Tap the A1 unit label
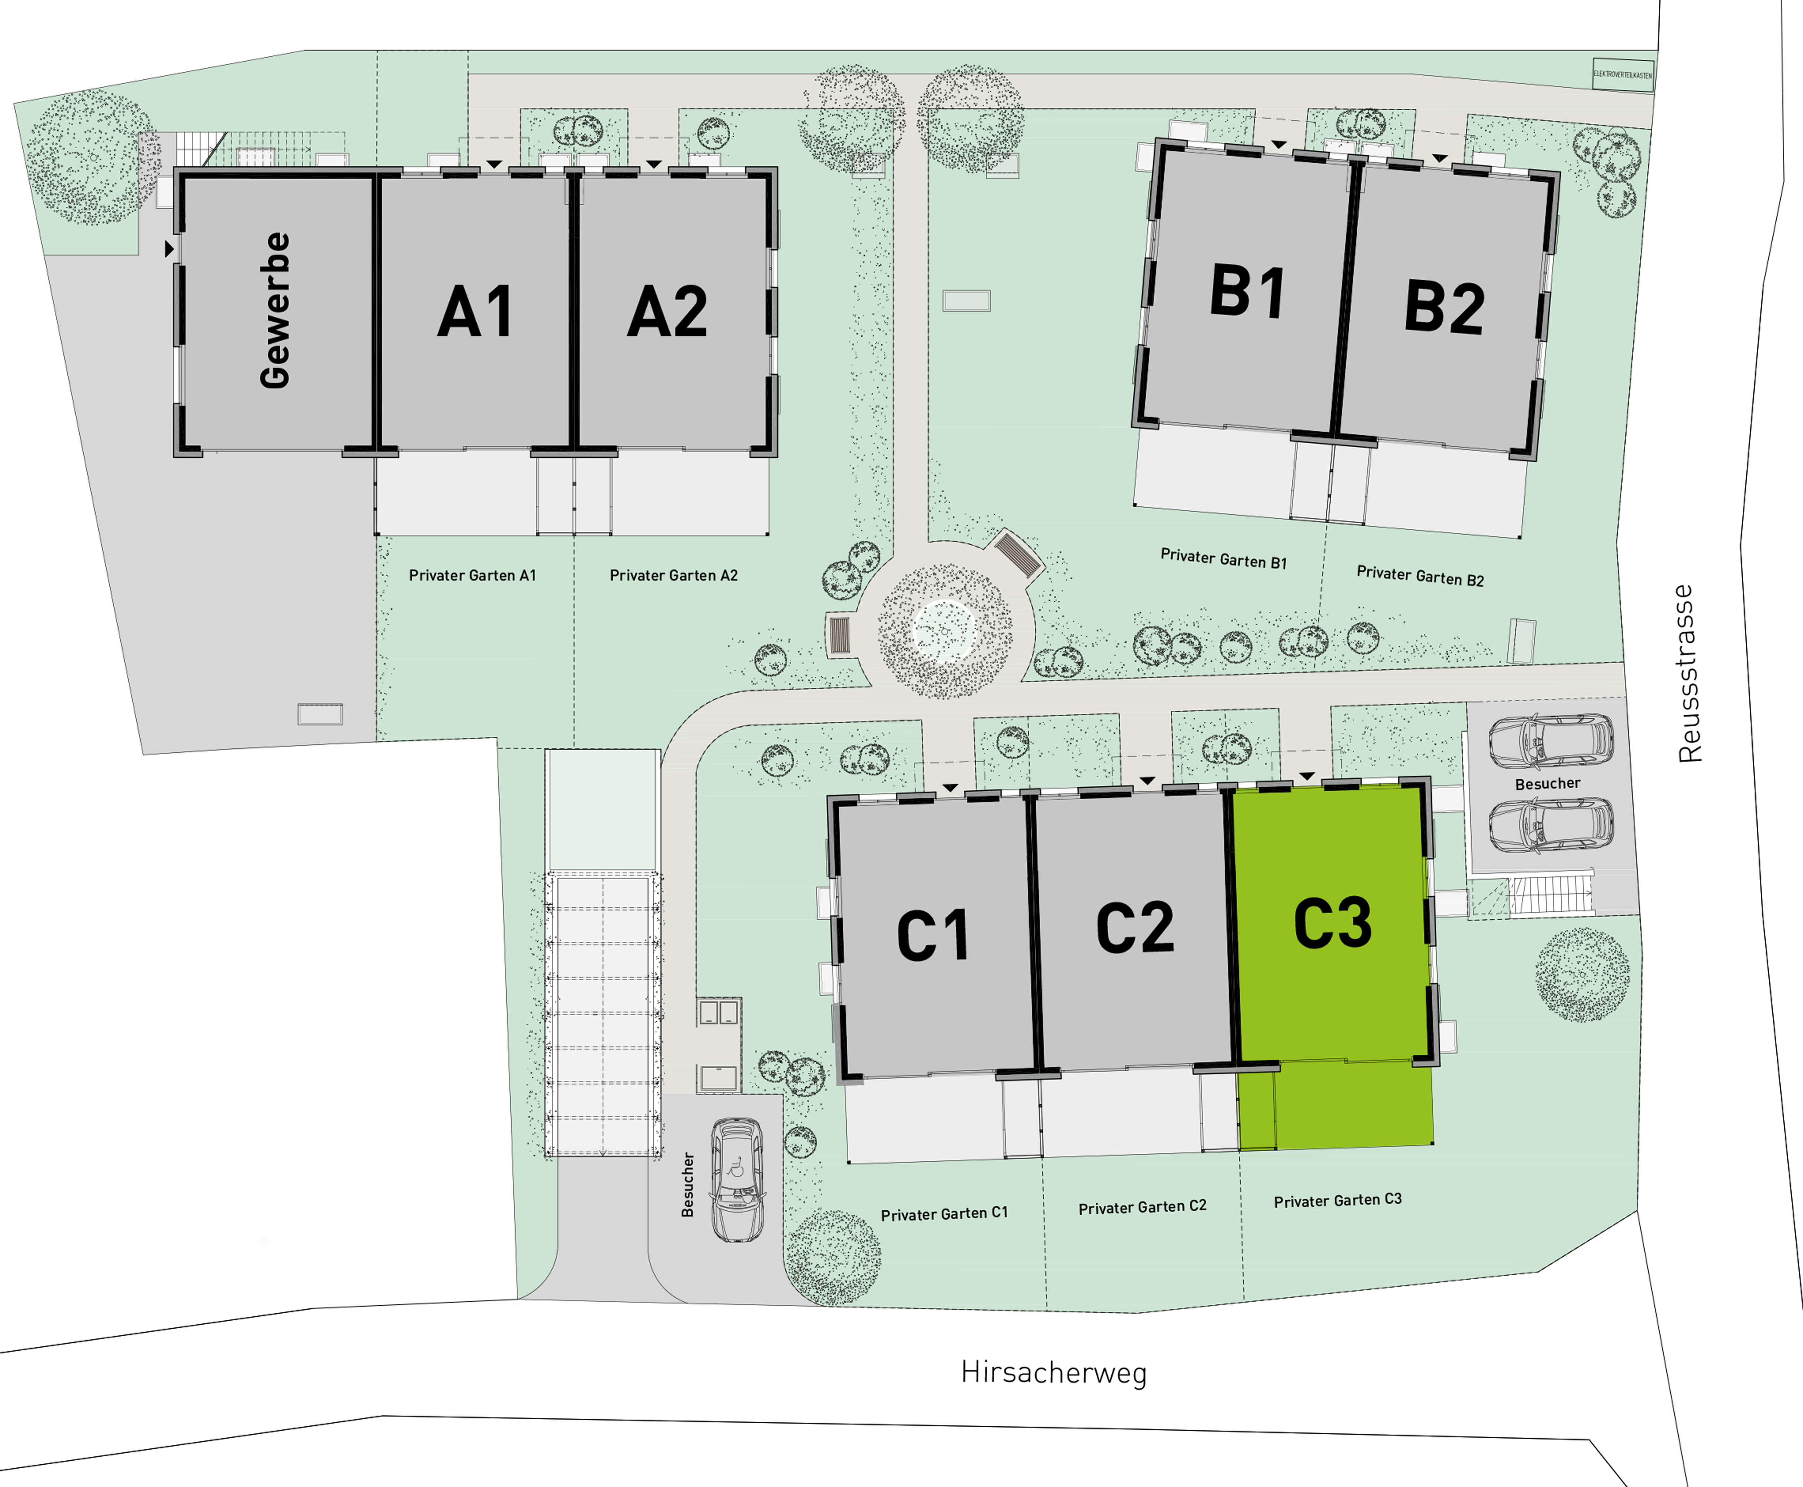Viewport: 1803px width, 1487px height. pos(475,312)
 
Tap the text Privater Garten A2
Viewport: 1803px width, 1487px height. pos(673,576)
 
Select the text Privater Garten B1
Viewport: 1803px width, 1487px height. pos(1223,558)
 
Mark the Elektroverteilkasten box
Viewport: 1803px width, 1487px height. pos(1622,75)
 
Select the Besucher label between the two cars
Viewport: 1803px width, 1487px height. pos(1547,784)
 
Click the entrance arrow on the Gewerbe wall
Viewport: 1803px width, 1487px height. pos(169,248)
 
